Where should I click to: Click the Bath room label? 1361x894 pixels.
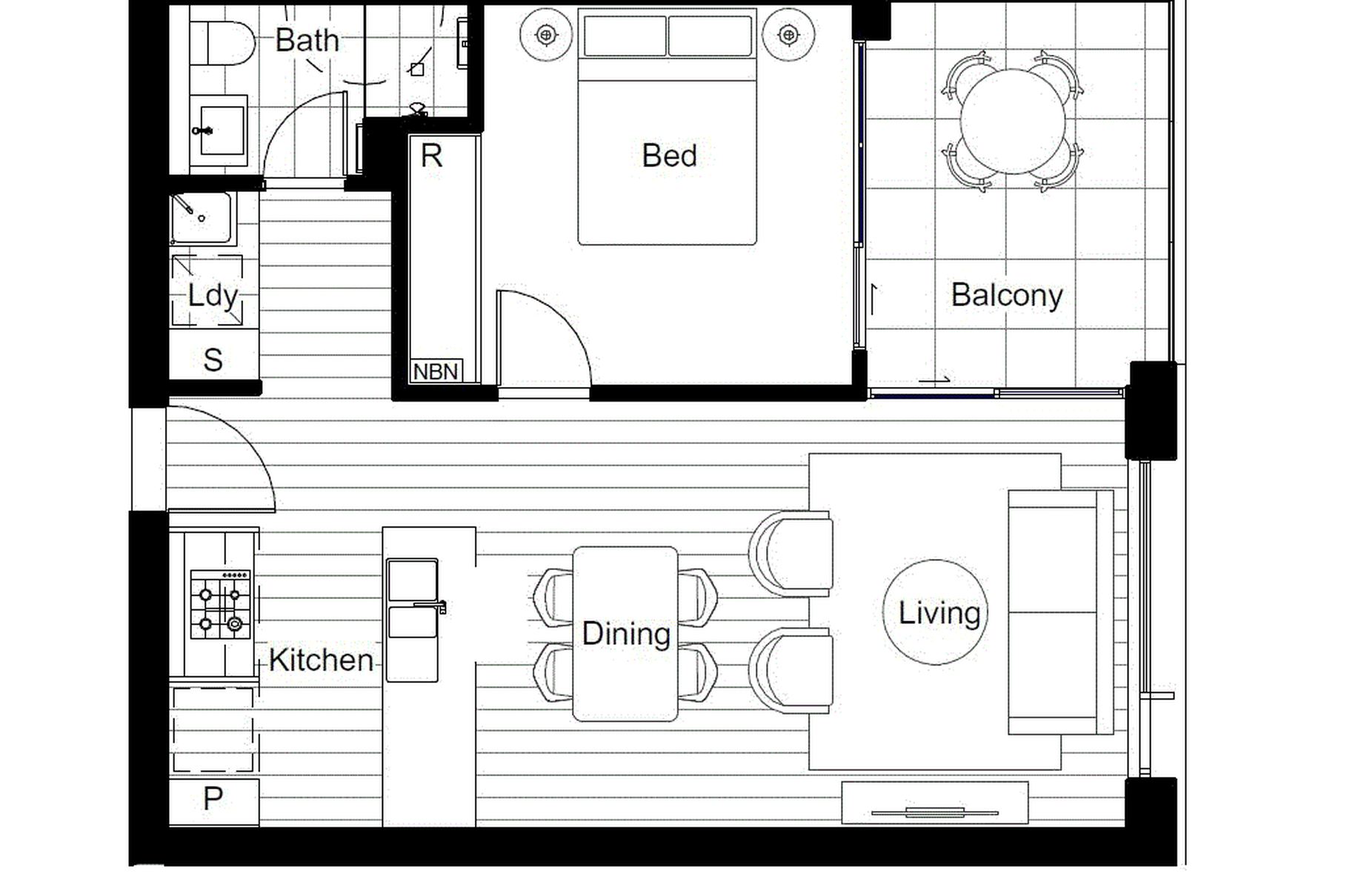tap(307, 40)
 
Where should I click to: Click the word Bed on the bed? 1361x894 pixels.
tap(669, 156)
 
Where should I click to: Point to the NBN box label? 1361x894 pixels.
tap(435, 371)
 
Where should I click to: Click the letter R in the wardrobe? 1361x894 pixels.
tap(431, 156)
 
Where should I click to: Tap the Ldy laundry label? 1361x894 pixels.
tap(213, 295)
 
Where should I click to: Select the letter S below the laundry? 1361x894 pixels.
tap(213, 360)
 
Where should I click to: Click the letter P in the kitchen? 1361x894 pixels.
tap(213, 798)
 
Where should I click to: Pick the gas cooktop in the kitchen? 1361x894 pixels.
tap(221, 604)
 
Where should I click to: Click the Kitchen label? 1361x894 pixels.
tap(321, 660)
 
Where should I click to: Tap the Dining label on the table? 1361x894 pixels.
tap(626, 634)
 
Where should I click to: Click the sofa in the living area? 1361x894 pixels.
tap(1060, 612)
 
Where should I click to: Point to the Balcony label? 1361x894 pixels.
tap(1007, 295)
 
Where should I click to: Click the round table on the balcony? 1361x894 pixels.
tap(1013, 121)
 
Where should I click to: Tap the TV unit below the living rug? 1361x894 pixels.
tap(935, 802)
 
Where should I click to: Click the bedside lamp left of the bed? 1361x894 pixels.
tap(547, 34)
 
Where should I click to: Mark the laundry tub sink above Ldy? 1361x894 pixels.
tap(202, 218)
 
